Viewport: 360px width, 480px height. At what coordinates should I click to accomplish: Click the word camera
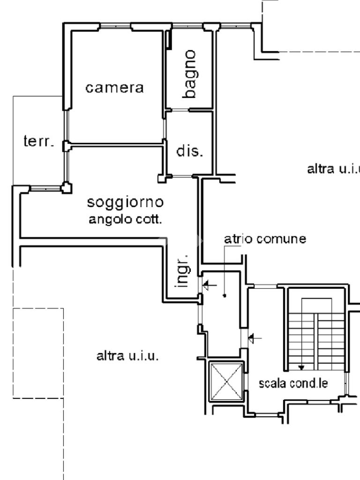pos(114,88)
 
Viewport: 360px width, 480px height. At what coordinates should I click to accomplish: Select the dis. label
pos(190,151)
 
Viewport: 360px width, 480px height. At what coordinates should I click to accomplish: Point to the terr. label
pos(38,142)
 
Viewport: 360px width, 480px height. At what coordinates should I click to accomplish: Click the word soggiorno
pos(126,202)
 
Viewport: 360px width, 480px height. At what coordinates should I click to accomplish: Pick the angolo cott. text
pos(126,219)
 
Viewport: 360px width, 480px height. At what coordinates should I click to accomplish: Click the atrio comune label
pos(265,239)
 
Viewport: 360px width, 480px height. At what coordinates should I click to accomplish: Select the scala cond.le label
pos(293,383)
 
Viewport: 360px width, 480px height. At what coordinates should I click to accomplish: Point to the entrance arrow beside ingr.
pos(209,284)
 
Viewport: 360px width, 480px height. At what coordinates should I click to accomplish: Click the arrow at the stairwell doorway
pos(255,337)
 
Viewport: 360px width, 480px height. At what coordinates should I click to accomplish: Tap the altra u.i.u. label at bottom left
pos(127,356)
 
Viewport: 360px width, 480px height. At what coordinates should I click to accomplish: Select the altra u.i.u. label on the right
pos(333,169)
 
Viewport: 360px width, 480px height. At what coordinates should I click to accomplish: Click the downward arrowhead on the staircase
pos(301,367)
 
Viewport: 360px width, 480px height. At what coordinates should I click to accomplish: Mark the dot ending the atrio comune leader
pos(225,295)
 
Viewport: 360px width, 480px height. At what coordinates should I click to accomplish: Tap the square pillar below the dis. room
pos(162,178)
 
